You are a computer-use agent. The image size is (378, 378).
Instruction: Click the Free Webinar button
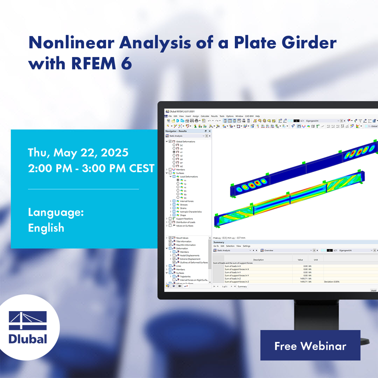coord(310,346)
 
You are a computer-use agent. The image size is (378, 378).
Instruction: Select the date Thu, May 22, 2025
coord(78,152)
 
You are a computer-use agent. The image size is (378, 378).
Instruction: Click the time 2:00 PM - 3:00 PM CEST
coord(91,168)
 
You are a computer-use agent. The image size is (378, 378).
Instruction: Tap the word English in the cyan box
coord(46,228)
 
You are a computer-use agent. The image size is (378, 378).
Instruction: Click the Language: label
coord(56,212)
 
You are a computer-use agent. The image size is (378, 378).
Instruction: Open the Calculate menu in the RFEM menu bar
coord(205,116)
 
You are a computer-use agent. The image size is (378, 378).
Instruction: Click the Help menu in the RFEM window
coord(257,116)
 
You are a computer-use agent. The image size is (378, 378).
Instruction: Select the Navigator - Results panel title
coord(176,131)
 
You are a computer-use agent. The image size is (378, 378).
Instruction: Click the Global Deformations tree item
coord(185,141)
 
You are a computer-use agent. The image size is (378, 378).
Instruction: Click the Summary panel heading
coord(219,242)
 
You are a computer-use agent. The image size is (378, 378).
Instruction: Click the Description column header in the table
coord(258,260)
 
